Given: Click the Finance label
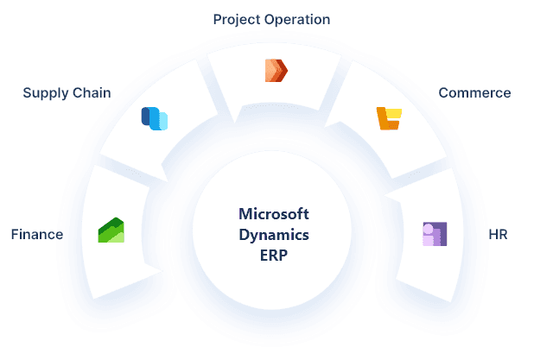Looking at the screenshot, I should click(x=36, y=234).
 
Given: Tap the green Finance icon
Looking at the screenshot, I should click(x=111, y=231).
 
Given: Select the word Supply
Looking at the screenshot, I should click(x=44, y=92).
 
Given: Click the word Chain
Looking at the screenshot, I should click(x=91, y=92).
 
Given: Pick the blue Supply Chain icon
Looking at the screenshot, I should click(x=154, y=118).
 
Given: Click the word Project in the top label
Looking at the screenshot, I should click(x=237, y=19).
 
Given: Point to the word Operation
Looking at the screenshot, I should click(x=299, y=19).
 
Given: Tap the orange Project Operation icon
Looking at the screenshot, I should click(x=276, y=70).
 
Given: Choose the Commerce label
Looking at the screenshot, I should click(x=474, y=92).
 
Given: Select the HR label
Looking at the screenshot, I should click(x=498, y=234).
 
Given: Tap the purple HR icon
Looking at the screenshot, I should click(x=434, y=234).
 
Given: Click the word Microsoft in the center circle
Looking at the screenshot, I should click(x=271, y=214).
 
